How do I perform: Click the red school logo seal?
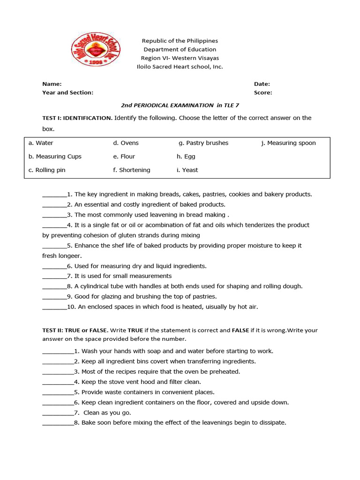[x=96, y=49]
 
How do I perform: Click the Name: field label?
[x=52, y=84]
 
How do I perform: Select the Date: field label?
[x=262, y=84]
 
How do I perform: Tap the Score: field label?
[x=263, y=93]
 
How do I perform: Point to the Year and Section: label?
[x=68, y=93]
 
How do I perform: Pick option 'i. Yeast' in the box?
[x=187, y=170]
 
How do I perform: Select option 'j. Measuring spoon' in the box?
[x=288, y=143]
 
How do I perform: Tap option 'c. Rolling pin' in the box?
[x=47, y=170]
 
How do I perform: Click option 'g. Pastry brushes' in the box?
[x=203, y=143]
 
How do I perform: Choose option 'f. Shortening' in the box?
[x=132, y=170]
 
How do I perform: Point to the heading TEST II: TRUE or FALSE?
[x=75, y=330]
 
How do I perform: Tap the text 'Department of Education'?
[x=180, y=50]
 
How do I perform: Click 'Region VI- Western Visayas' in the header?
[x=180, y=58]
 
